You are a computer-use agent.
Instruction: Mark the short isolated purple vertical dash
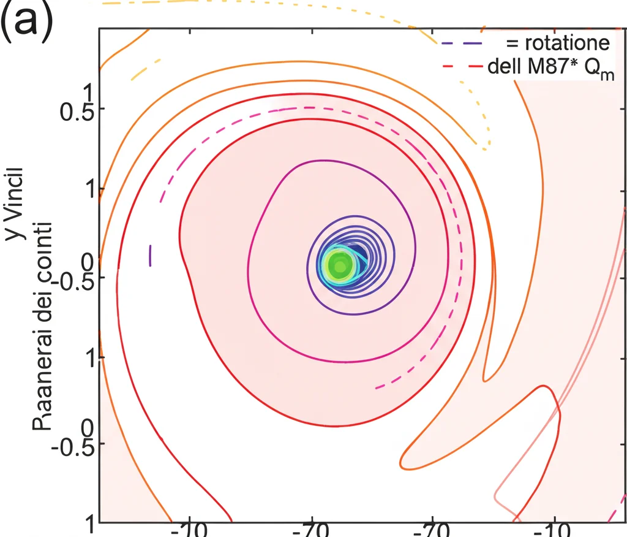(150, 255)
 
